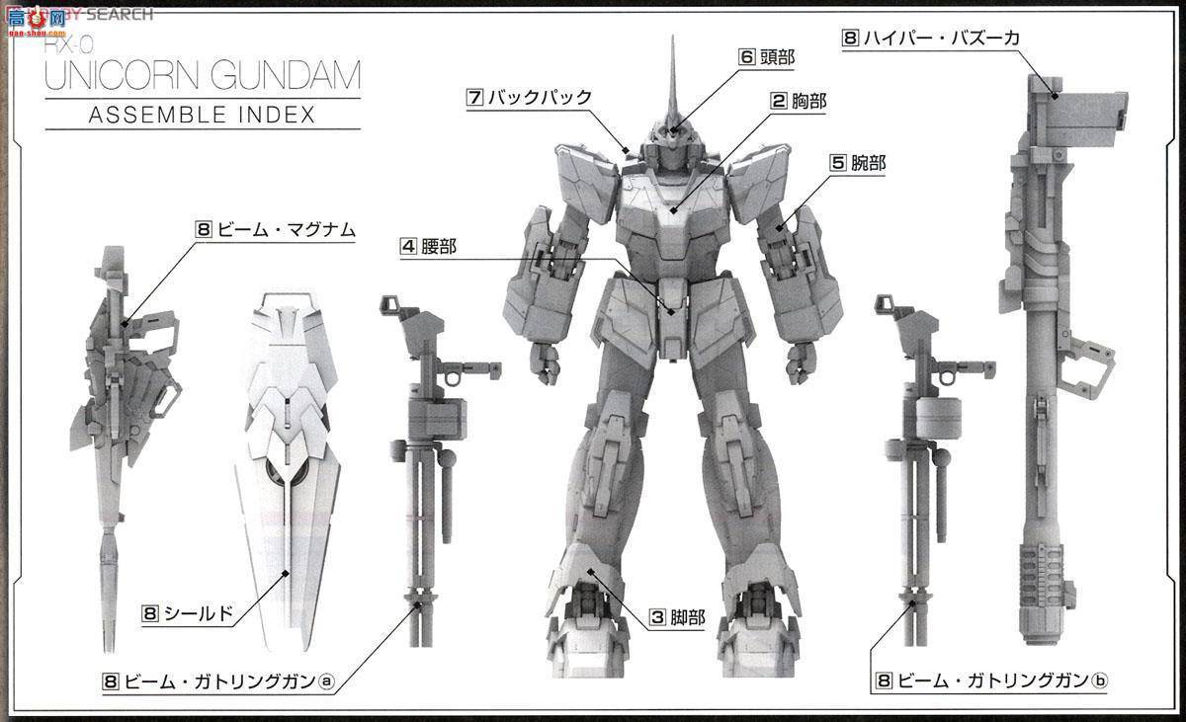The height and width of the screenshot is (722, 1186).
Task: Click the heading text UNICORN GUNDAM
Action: click(x=203, y=76)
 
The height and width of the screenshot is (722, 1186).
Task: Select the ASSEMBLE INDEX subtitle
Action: click(x=202, y=114)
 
